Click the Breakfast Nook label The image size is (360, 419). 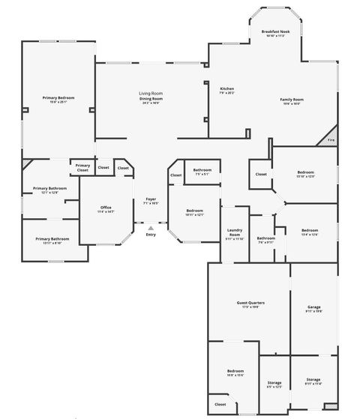274,31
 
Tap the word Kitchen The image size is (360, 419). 226,89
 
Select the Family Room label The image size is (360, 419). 292,100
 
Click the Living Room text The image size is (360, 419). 151,93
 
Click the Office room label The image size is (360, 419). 106,208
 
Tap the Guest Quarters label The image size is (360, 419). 248,303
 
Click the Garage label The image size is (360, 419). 314,307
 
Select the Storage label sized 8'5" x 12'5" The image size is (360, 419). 274,383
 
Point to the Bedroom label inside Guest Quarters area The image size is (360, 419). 235,372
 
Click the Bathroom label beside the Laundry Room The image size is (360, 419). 265,238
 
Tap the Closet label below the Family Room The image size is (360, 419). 260,174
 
